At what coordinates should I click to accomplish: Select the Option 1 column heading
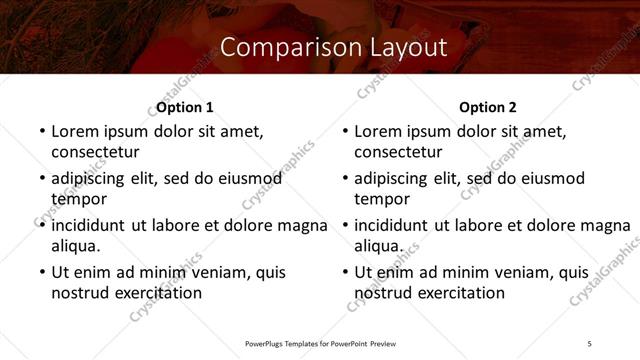click(x=185, y=107)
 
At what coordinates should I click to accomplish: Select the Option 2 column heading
click(x=488, y=107)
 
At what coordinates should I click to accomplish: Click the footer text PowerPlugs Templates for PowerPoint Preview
click(x=319, y=344)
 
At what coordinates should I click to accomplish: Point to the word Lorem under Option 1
click(x=76, y=131)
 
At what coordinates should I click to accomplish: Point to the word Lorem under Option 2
click(x=379, y=131)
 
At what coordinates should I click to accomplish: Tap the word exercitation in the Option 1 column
click(x=157, y=293)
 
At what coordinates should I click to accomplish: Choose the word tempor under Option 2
click(x=382, y=199)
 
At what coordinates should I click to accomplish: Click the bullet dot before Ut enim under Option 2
click(x=345, y=272)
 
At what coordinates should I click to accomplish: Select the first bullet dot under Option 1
click(x=41, y=131)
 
